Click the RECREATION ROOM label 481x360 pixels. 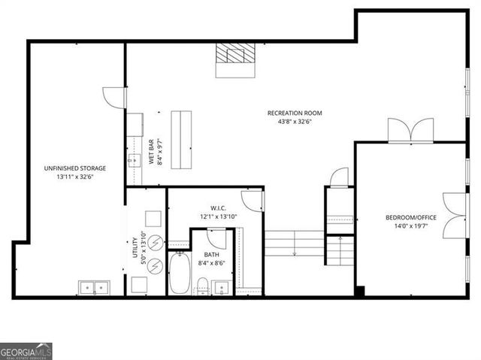(x=295, y=113)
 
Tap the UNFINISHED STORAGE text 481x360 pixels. (x=74, y=168)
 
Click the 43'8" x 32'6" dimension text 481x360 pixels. (x=295, y=124)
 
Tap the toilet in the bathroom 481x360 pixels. (x=202, y=285)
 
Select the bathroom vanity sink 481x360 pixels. (x=222, y=286)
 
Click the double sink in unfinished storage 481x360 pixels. (x=95, y=286)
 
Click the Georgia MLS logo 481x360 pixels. (x=26, y=351)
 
